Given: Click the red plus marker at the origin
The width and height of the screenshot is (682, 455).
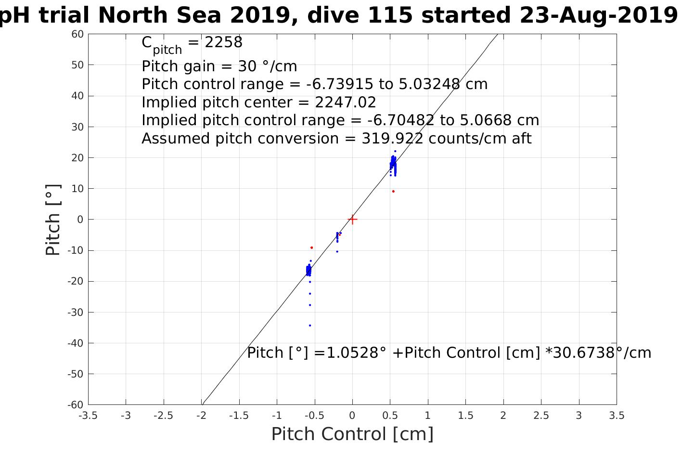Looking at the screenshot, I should pos(352,220).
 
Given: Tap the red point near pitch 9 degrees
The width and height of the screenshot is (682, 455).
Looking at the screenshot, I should pos(393,191).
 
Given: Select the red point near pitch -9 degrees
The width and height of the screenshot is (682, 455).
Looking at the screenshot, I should pos(312,247).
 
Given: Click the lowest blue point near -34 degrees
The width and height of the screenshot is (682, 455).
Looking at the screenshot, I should pos(310,325).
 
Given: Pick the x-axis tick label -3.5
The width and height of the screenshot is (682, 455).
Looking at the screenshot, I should pos(88,416).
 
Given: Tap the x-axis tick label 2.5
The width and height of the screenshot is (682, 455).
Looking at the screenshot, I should pos(541,416).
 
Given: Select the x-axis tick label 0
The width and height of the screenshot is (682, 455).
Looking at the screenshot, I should pos(352,416).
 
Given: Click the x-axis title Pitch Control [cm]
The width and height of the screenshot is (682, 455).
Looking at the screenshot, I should pos(352,434).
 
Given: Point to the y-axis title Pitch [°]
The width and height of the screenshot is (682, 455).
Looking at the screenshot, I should pos(53,220).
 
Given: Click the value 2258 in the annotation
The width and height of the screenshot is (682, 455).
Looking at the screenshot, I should pos(224,42).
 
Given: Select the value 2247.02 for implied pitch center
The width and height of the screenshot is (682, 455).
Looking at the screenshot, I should pos(346,103).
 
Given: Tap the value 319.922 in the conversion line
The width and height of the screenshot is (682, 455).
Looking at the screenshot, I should pos(392,139).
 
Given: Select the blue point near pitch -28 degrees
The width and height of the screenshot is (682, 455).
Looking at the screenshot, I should pos(310,305).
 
